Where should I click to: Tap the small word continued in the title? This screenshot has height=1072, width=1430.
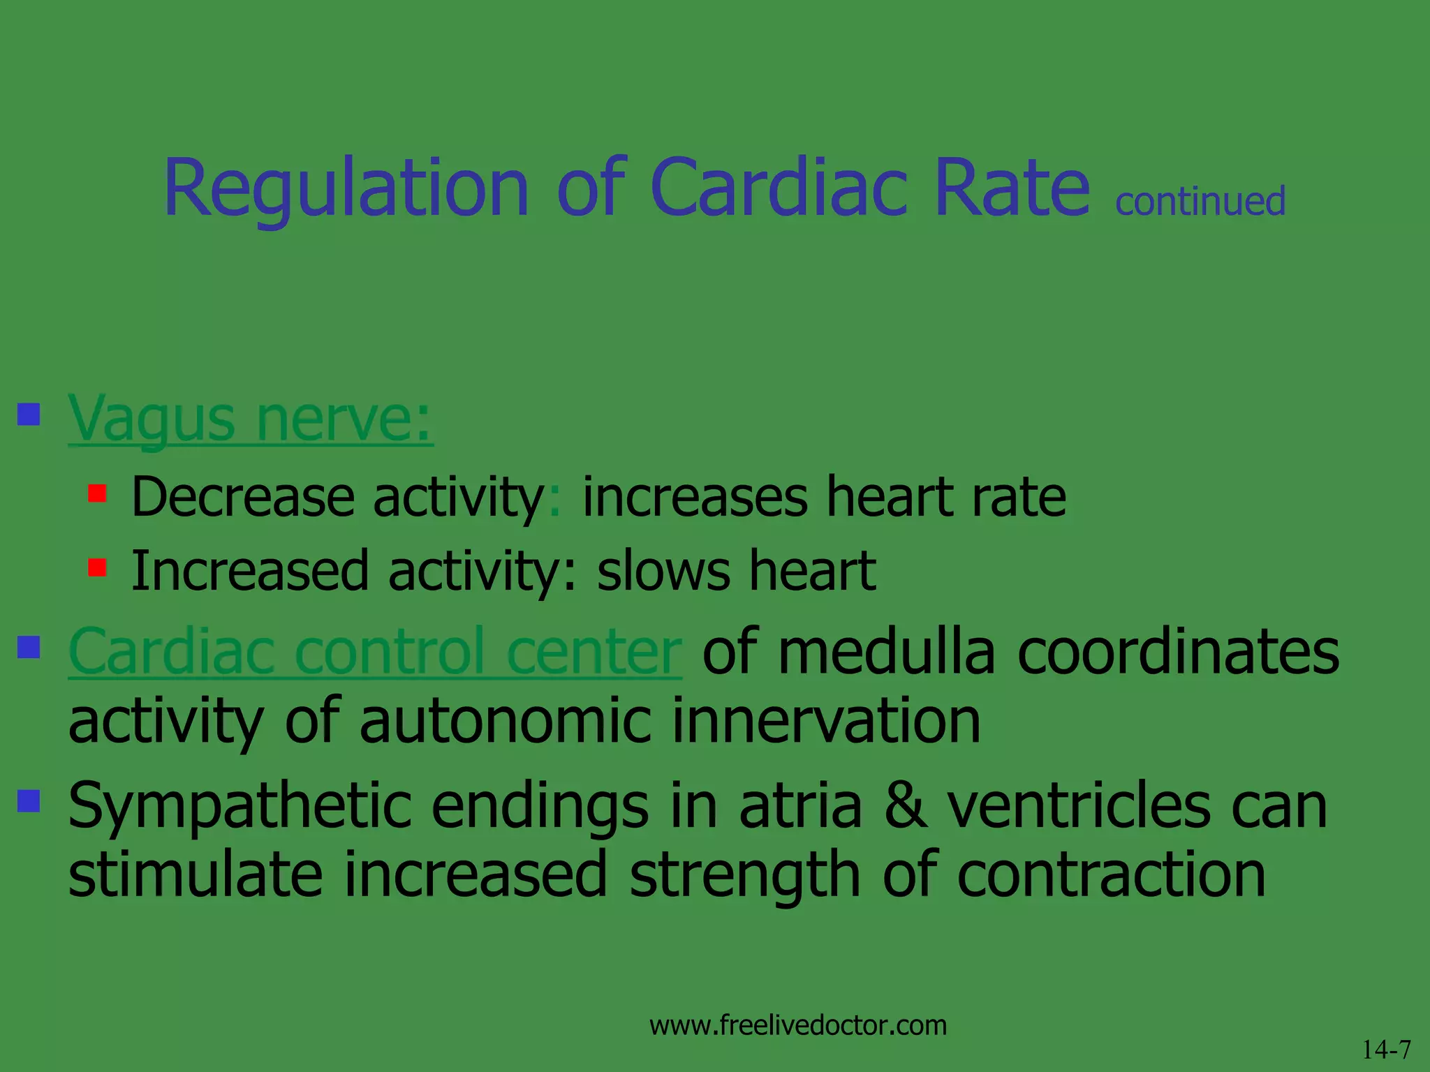1200,202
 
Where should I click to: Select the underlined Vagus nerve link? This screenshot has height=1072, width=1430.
250,420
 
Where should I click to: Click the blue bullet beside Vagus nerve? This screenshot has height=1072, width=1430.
29,415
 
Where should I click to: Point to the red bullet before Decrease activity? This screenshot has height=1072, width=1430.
97,493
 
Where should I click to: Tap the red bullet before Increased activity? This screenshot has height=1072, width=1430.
97,567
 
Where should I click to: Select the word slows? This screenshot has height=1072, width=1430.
663,571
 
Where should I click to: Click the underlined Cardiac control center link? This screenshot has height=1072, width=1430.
375,652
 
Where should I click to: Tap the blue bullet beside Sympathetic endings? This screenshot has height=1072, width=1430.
29,800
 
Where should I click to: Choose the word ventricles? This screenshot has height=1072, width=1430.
1078,807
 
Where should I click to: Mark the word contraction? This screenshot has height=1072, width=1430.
1111,875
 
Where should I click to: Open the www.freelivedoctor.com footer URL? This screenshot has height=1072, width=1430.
798,1025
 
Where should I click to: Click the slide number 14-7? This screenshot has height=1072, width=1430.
1386,1050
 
